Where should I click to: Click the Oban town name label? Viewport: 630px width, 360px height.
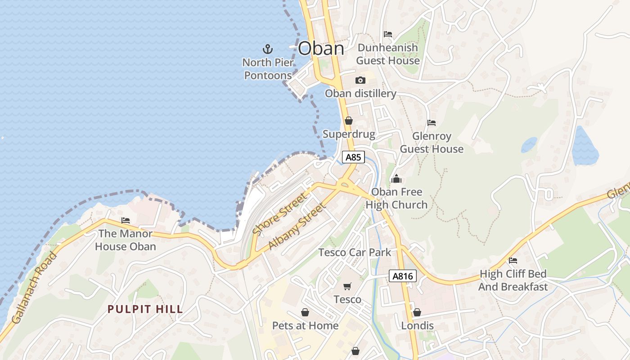(321, 49)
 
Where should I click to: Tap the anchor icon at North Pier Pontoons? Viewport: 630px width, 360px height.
(268, 49)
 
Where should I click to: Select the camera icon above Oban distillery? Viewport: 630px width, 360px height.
(360, 81)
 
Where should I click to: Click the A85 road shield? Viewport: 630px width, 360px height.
(353, 157)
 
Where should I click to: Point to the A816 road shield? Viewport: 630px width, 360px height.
(402, 276)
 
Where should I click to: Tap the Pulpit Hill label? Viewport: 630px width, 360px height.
(145, 309)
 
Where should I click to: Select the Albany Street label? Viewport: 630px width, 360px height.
(297, 226)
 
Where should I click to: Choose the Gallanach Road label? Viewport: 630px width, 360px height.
(35, 288)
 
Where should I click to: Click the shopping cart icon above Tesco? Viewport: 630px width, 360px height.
(347, 287)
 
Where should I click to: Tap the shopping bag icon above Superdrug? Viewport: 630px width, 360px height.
(348, 121)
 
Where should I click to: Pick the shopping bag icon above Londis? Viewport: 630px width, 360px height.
(417, 312)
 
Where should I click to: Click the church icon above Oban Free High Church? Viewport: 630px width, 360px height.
(396, 179)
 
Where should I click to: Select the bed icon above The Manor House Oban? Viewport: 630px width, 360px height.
(126, 220)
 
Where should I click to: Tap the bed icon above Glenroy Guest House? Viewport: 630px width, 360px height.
(432, 122)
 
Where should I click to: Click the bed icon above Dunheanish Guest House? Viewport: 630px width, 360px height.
(387, 34)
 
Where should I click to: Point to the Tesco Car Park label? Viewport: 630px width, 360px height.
(355, 252)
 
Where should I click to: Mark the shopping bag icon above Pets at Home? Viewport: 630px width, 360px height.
(305, 312)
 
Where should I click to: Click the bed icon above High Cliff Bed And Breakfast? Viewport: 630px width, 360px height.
(513, 260)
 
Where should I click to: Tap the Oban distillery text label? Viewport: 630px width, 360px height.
(360, 94)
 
